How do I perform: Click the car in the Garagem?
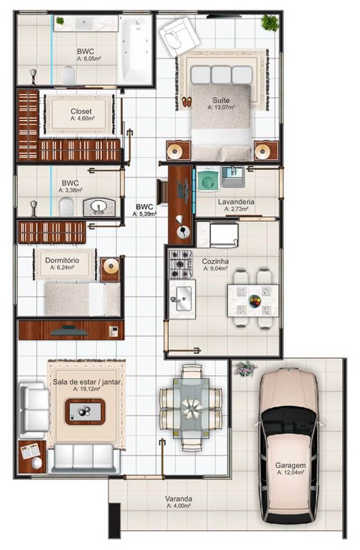click(289, 445)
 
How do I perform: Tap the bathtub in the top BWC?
click(136, 49)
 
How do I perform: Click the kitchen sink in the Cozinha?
click(182, 299)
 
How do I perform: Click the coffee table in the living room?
click(85, 412)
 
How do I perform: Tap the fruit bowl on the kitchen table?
click(255, 301)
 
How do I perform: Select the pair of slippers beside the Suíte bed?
click(187, 101)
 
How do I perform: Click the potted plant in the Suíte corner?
click(269, 23)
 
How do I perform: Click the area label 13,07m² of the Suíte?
click(221, 108)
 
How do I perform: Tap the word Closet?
click(81, 111)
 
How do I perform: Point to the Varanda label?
click(179, 498)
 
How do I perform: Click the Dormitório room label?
click(62, 260)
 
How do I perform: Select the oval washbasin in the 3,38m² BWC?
click(99, 208)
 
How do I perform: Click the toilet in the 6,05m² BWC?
click(69, 75)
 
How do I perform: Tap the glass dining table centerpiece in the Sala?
click(192, 408)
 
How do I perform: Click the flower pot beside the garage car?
click(246, 369)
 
